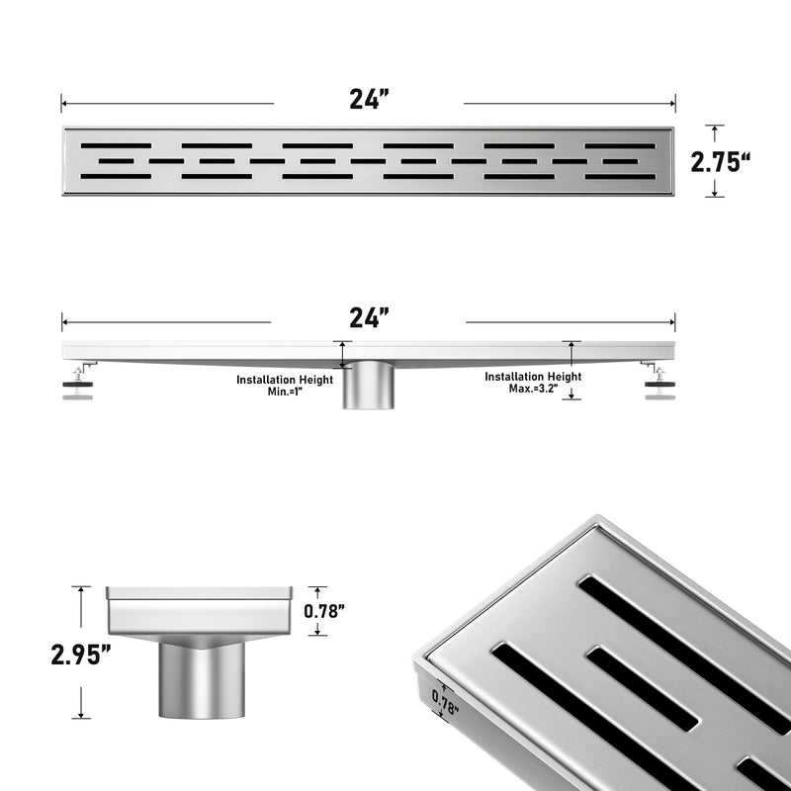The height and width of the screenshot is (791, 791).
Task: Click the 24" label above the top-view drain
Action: coord(369,99)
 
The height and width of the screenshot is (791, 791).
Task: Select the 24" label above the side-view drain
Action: coord(369,318)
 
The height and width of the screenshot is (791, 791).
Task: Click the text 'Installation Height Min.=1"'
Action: coord(285,385)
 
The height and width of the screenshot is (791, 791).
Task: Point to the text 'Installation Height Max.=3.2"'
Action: coord(533,383)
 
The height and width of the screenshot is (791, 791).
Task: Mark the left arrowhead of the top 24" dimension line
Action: coord(64,102)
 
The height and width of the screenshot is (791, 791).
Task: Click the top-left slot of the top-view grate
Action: coord(117,145)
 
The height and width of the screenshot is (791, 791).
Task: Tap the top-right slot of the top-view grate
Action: coord(619,145)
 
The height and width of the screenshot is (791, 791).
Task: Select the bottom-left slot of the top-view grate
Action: coord(117,177)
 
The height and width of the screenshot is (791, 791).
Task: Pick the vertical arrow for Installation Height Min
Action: coord(343,356)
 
